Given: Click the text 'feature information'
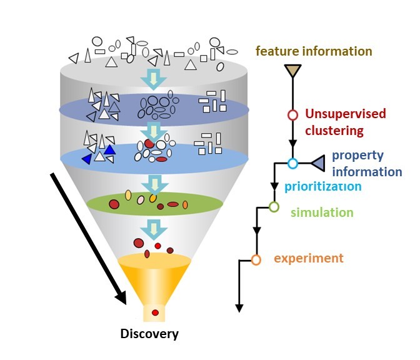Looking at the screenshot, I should pos(314,51).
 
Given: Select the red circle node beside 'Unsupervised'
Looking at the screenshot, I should pos(292,115).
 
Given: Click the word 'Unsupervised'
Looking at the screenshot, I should pos(345,114).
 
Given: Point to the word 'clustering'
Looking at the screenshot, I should pos(334,131).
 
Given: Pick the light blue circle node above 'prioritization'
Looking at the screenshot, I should pos(292,164).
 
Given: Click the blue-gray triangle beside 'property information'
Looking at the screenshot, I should pos(318,164).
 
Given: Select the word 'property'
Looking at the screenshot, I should pos(357,156).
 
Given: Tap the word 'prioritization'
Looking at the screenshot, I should pos(322,186).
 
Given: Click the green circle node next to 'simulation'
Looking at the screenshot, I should pos(273,206).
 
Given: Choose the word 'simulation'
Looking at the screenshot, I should pos(322,212).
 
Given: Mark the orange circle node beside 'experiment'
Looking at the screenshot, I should pos(256,259).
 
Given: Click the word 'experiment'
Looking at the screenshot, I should pos(309,258).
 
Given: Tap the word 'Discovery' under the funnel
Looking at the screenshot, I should pos(149,334).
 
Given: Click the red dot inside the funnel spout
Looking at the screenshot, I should pos(155,312).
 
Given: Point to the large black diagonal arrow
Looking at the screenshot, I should pos(89,237).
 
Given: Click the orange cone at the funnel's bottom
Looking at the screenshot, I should pos(154,275).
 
